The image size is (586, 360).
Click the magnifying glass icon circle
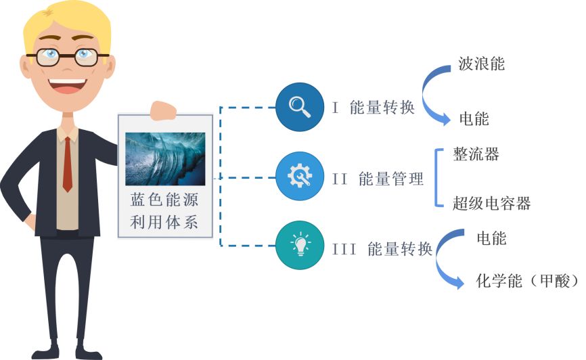[x=298, y=107]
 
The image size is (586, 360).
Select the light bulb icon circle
[x=298, y=248]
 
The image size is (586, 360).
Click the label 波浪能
[x=481, y=64]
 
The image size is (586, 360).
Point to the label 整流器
[x=476, y=154]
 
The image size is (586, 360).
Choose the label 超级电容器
[x=491, y=203]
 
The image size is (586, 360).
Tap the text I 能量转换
[x=373, y=108]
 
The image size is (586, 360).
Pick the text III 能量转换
[x=382, y=249]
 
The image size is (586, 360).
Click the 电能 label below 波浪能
[x=474, y=120]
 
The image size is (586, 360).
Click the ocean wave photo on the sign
[x=165, y=159]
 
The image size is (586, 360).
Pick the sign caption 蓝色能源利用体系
[x=165, y=212]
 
